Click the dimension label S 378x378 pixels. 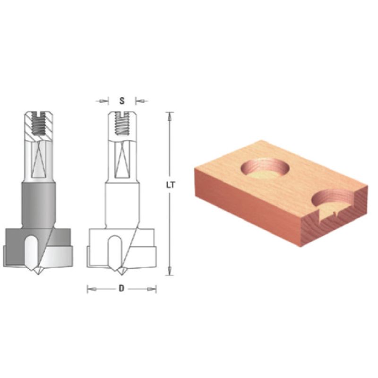click(122, 101)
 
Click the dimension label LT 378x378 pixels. click(171, 185)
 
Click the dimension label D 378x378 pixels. click(121, 288)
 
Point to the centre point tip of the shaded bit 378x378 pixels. click(38, 274)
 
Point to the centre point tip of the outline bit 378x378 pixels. click(121, 274)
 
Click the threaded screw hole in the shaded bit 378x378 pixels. click(39, 123)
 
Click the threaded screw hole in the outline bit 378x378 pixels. click(121, 123)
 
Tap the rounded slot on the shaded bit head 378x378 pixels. click(31, 251)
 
